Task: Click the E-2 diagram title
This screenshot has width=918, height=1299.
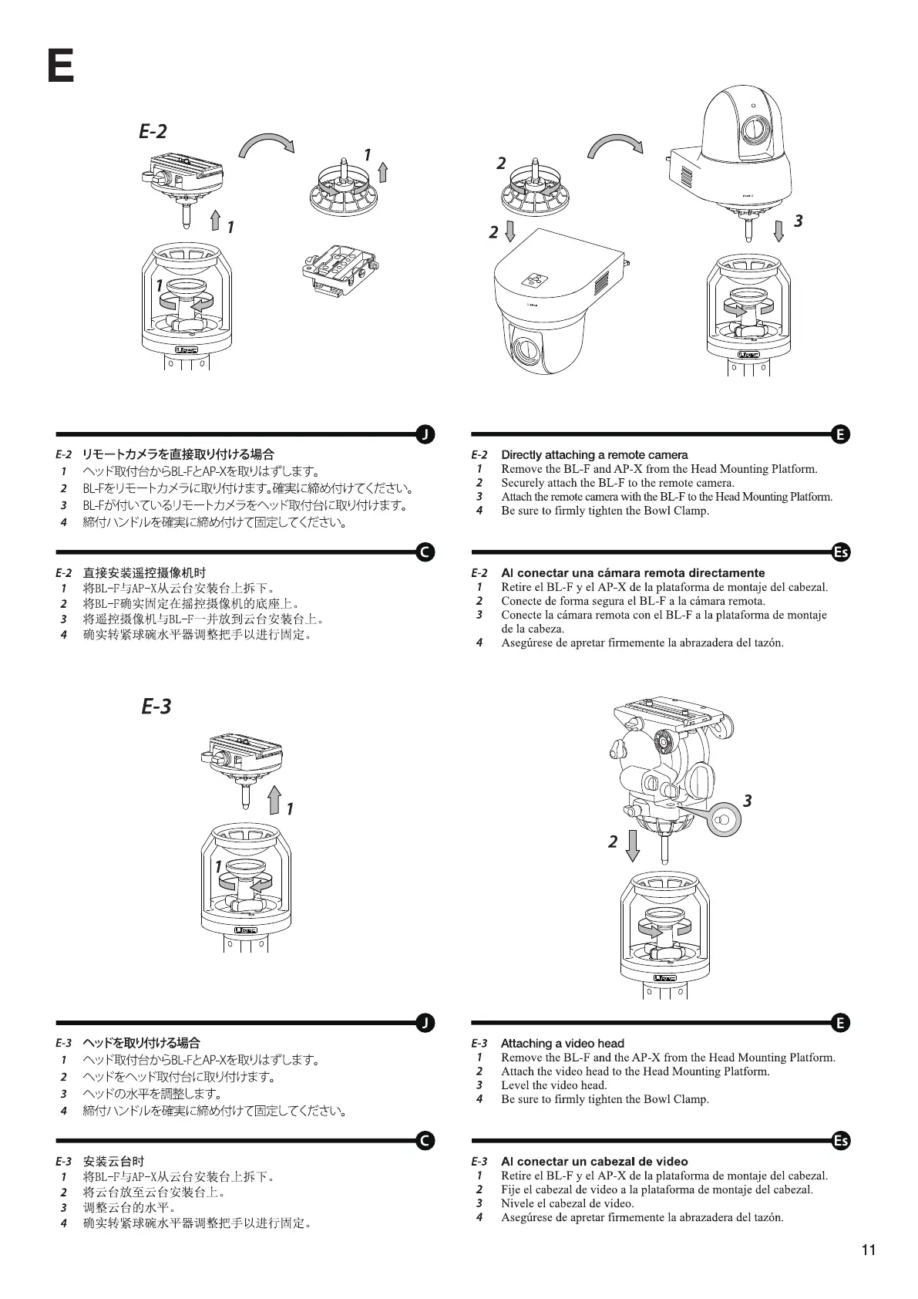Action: tap(153, 132)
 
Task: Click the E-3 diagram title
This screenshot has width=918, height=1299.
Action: tap(156, 706)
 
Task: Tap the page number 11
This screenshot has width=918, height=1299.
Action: tap(869, 1250)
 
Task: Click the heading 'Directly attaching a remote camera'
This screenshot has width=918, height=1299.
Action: tap(594, 455)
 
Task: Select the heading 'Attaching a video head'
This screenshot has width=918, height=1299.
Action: tap(562, 1043)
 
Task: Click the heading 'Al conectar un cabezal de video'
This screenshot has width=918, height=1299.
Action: tap(594, 1161)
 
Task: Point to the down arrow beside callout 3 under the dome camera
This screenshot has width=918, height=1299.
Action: tap(778, 229)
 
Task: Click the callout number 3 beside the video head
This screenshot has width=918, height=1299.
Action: tap(747, 801)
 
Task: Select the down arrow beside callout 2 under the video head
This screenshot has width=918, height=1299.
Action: tap(633, 845)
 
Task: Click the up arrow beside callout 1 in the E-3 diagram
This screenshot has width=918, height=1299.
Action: tap(274, 800)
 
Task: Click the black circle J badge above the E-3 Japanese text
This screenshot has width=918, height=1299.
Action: tap(425, 1023)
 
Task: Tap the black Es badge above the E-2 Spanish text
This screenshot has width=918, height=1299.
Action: tap(841, 552)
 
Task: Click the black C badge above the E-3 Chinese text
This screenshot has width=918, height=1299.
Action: tap(425, 1141)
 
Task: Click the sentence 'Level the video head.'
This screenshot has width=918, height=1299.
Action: tap(553, 1085)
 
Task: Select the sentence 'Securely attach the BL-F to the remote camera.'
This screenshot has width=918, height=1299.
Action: tap(617, 483)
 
